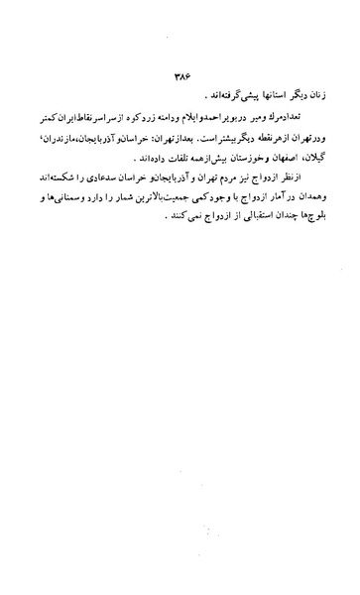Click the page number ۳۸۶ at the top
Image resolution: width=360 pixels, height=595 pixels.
(x=180, y=74)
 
